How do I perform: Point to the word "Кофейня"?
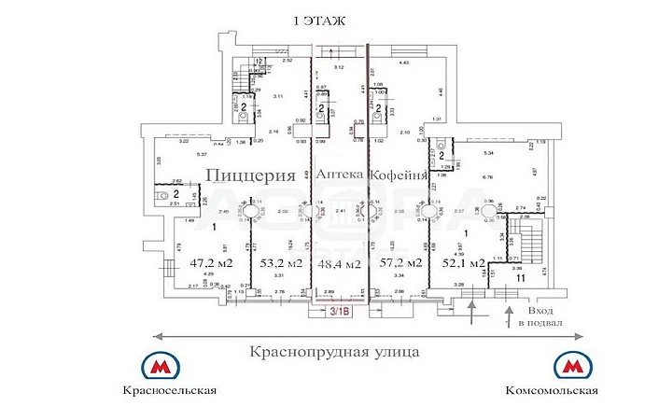point(399,175)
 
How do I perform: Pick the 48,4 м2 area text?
point(340,264)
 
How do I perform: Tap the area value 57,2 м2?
point(402,262)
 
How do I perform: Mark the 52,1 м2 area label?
point(464,262)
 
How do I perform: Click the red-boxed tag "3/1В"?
point(338,314)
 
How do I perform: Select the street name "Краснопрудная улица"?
point(333,352)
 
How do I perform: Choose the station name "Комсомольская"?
point(552,390)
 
